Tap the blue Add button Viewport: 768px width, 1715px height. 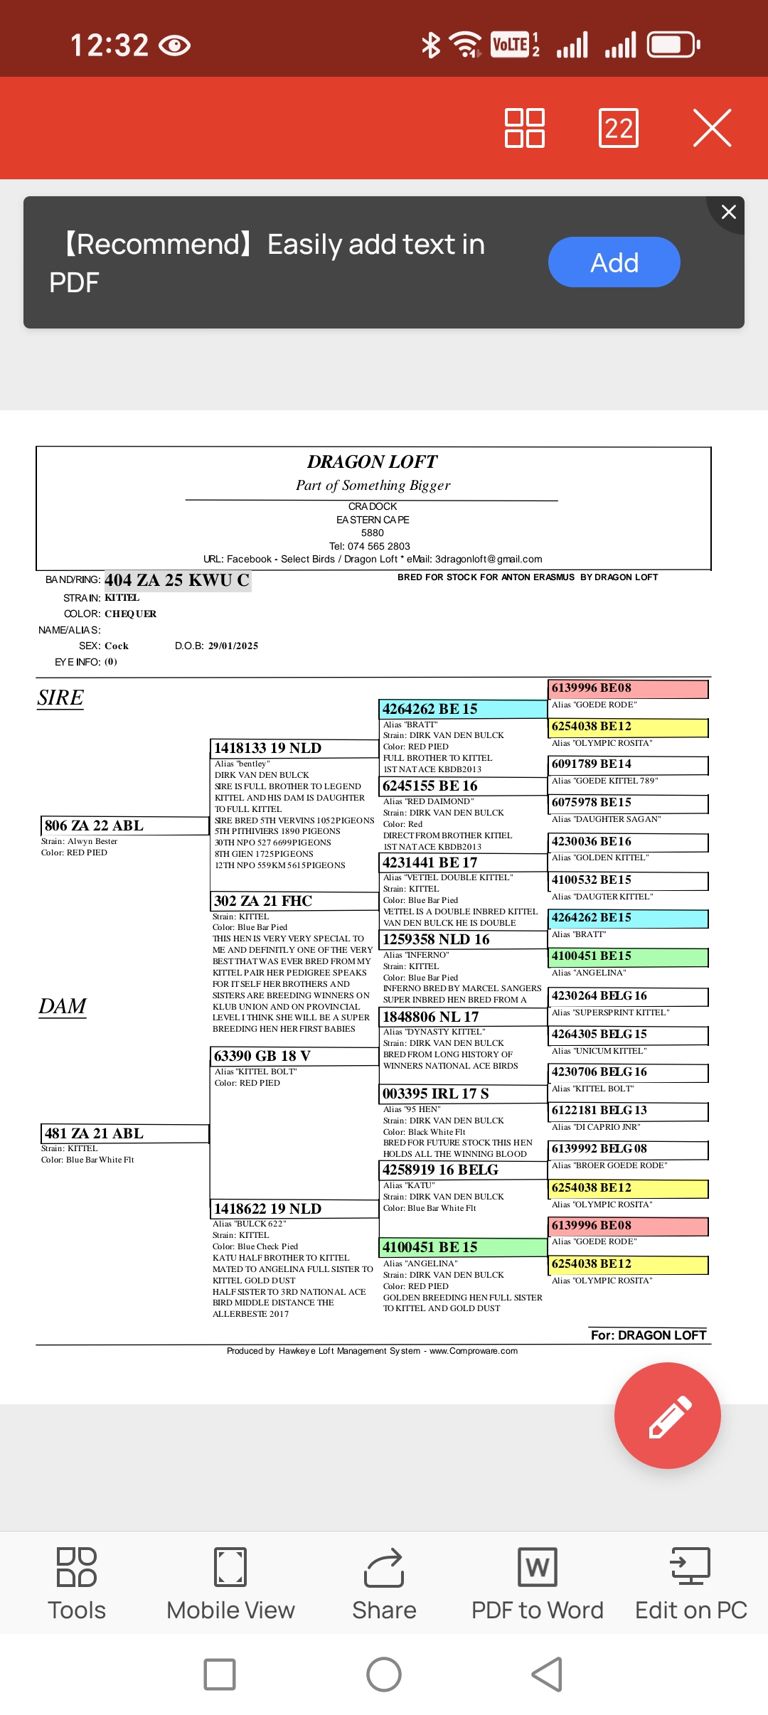(x=614, y=262)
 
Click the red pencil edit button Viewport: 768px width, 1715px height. (x=667, y=1416)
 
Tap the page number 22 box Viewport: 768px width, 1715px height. (x=618, y=128)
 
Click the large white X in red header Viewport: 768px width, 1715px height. (x=712, y=128)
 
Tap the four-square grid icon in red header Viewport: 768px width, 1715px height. (x=525, y=128)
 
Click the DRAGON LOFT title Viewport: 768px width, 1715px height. (x=372, y=462)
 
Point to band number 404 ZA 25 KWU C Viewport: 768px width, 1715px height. (x=177, y=580)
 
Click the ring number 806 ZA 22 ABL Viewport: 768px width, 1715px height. (x=95, y=826)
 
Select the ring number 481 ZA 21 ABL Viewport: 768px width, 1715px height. (x=95, y=1133)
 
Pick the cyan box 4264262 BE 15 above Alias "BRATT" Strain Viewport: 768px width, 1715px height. (x=430, y=709)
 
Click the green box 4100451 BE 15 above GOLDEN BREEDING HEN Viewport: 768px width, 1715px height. (x=430, y=1247)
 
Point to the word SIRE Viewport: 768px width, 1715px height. (x=60, y=698)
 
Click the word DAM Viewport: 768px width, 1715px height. (x=63, y=1006)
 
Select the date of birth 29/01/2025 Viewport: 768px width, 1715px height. (x=233, y=646)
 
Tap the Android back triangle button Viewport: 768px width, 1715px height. (x=548, y=1674)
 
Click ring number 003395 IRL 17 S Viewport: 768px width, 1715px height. (x=436, y=1094)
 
